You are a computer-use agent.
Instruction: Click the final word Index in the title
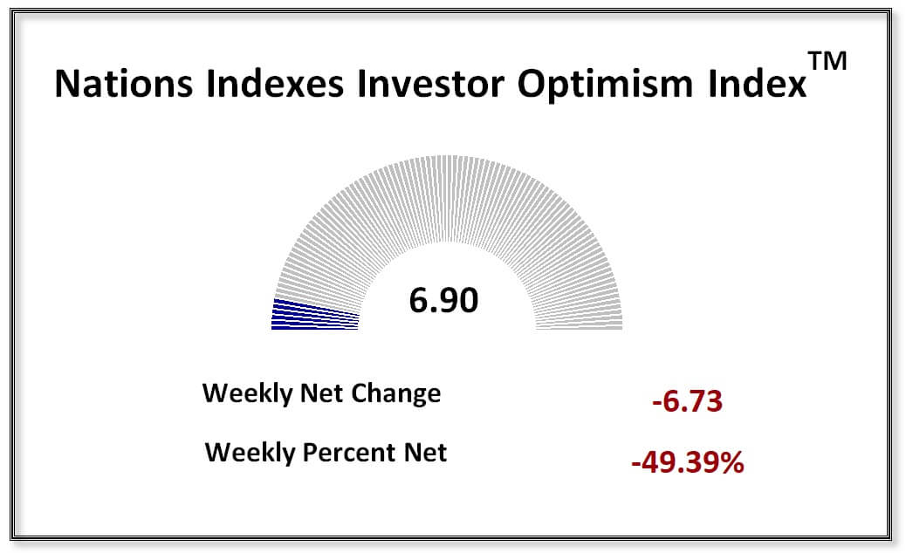pyautogui.click(x=757, y=84)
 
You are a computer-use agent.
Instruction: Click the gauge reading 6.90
pyautogui.click(x=443, y=301)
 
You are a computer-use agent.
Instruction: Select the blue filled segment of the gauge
pyautogui.click(x=314, y=315)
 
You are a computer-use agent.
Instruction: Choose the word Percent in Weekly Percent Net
pyautogui.click(x=353, y=454)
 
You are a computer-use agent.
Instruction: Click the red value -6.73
pyautogui.click(x=687, y=403)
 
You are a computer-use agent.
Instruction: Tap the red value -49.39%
pyautogui.click(x=687, y=462)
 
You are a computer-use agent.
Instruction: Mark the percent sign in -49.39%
pyautogui.click(x=731, y=462)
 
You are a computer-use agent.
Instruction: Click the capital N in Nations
pyautogui.click(x=66, y=84)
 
